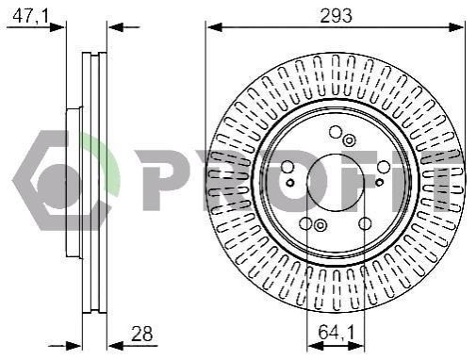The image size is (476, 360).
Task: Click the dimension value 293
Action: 336,15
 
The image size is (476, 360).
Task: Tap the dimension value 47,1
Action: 31,16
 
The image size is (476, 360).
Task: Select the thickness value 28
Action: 141,334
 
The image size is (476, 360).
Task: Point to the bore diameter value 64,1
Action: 336,332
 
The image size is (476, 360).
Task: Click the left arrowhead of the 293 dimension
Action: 214,27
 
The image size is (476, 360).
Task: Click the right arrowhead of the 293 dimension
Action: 456,27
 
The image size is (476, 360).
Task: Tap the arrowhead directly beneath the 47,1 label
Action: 57,27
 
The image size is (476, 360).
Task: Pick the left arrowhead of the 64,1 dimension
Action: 315,346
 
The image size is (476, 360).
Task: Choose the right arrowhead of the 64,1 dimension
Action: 356,346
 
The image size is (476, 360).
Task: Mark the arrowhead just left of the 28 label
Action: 115,346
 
